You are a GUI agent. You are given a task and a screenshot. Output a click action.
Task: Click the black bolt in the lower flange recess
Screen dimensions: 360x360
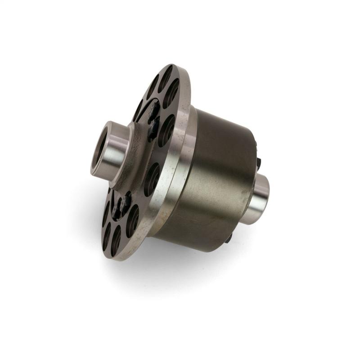click(x=122, y=205)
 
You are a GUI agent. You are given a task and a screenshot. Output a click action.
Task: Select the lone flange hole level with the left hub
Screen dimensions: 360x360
click(x=153, y=178)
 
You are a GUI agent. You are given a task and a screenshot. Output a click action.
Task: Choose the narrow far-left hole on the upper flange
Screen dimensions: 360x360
click(x=138, y=110)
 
